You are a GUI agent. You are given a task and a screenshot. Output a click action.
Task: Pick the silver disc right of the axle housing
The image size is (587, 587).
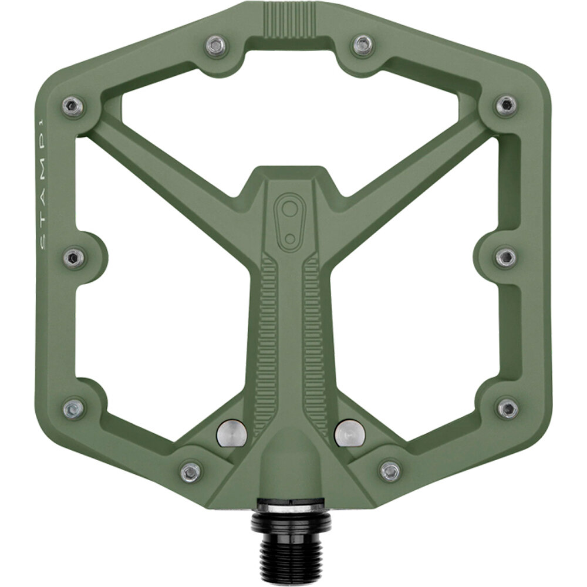(350, 433)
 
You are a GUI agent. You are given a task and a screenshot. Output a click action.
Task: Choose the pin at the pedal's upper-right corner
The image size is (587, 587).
(505, 106)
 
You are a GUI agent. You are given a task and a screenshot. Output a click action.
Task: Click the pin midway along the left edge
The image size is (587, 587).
(74, 257)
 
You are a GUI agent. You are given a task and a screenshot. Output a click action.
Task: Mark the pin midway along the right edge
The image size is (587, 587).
(505, 257)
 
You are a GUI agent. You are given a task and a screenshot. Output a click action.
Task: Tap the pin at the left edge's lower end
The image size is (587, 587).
(73, 409)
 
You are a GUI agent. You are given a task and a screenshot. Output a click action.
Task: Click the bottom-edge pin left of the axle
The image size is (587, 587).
(191, 471)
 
